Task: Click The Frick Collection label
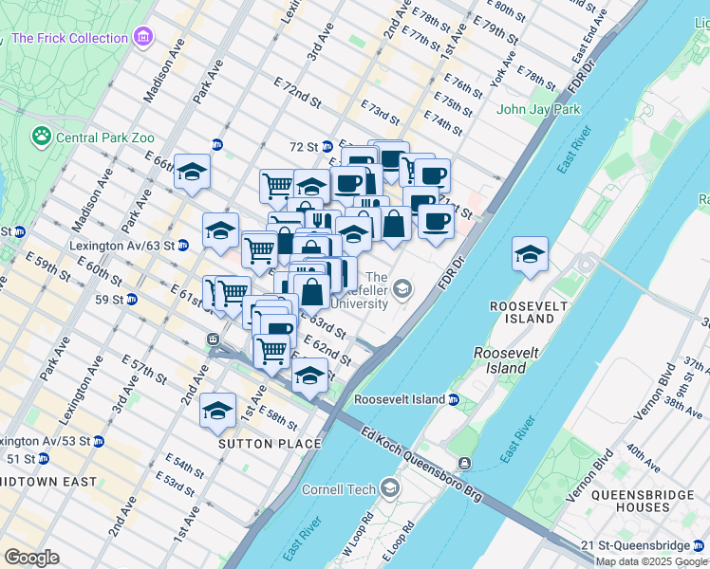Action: click(x=70, y=38)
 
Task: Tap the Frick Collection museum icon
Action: click(x=142, y=38)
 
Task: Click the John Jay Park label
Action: click(x=538, y=110)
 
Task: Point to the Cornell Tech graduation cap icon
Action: click(x=389, y=488)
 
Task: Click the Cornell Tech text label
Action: click(x=340, y=489)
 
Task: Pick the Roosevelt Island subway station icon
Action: click(x=454, y=399)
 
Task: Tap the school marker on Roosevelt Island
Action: click(x=530, y=253)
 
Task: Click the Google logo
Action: click(x=31, y=558)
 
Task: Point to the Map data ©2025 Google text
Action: click(x=652, y=561)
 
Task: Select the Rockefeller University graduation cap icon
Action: click(x=403, y=287)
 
